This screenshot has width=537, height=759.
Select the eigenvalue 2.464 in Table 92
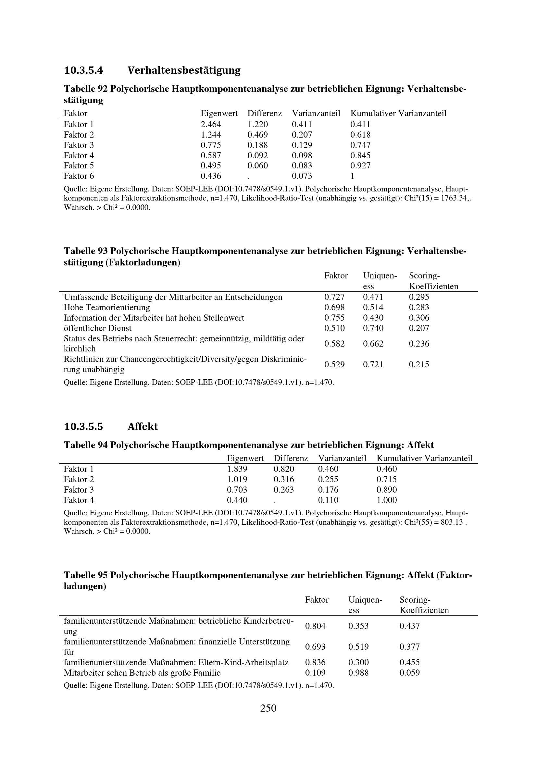pos(211,125)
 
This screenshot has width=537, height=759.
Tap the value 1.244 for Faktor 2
pos(211,135)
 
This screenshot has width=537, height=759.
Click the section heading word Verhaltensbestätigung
pos(184,70)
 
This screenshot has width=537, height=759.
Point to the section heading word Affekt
pos(143,426)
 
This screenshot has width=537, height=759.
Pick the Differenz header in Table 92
pos(265,114)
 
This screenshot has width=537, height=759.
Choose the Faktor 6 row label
pos(79,176)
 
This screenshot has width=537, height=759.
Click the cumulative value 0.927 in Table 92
pos(360,165)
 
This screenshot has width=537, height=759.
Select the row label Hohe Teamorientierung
pos(107,307)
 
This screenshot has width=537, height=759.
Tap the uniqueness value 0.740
pos(373,328)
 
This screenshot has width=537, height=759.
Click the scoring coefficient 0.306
pos(419,318)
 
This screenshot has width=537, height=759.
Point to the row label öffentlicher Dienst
pos(97,328)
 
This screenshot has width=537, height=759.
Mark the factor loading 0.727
pos(334,297)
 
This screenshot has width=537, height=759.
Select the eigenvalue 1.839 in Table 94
pos(237,469)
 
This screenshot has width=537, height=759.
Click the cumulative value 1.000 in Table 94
pos(387,500)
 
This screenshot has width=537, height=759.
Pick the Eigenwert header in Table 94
pos(245,459)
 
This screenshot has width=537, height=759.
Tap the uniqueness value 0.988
pos(358,673)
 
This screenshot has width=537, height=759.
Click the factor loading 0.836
pos(315,663)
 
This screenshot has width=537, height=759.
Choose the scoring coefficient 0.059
pos(409,673)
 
